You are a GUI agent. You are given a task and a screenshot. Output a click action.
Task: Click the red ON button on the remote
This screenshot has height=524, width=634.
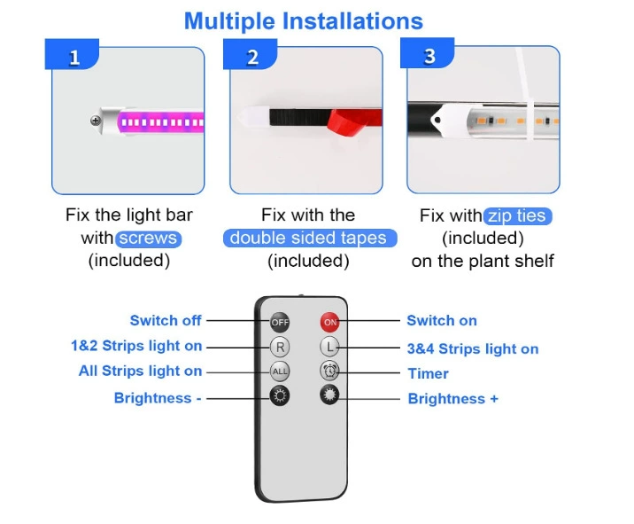click(x=329, y=322)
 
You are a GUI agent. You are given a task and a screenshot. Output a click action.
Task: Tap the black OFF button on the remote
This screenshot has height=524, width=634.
click(x=280, y=322)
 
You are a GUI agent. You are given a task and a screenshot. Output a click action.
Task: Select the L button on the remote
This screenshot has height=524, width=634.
click(x=329, y=347)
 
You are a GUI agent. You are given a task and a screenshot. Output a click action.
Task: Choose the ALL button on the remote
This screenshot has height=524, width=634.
click(x=280, y=371)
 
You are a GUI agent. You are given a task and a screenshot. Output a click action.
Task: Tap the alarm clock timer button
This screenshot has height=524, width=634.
click(x=329, y=371)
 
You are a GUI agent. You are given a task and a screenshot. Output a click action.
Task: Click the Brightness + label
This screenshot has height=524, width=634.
click(x=452, y=398)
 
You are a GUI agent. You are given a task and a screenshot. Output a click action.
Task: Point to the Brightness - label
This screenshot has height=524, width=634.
click(x=158, y=398)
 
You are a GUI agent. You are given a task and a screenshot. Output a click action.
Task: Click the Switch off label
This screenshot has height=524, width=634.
click(x=166, y=320)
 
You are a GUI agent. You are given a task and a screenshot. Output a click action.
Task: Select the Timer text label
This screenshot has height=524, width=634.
click(x=429, y=373)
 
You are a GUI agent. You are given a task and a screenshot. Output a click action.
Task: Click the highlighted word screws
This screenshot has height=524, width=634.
click(x=149, y=239)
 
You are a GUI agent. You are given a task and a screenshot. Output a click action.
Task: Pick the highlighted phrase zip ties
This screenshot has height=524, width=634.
click(x=517, y=215)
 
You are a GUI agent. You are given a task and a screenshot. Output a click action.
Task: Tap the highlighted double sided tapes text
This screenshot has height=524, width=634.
click(x=310, y=239)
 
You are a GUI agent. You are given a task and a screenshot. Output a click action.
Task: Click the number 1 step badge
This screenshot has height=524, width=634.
click(x=72, y=54)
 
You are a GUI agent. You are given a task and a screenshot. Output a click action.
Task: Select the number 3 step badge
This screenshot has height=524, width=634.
click(x=428, y=53)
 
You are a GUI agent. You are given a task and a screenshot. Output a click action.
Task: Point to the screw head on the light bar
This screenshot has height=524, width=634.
click(x=96, y=121)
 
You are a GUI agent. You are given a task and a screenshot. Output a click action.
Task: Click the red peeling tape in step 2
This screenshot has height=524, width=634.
click(x=353, y=121)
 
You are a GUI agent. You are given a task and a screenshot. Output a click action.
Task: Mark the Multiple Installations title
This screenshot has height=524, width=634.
click(x=304, y=21)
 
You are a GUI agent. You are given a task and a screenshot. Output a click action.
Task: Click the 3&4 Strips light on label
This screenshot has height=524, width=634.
click(x=473, y=348)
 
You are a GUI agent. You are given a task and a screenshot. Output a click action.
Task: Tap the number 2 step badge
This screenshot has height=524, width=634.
click(x=251, y=54)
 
